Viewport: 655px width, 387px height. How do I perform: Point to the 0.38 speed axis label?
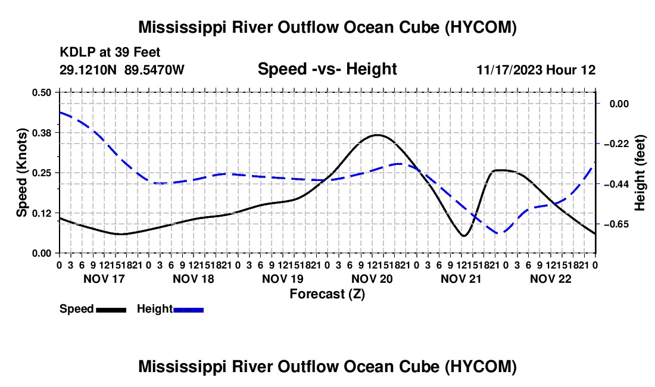pos(41,133)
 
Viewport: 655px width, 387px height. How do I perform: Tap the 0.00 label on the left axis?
pos(41,253)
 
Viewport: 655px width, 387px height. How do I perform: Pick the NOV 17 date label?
pos(104,279)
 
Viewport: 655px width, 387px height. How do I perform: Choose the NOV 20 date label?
pos(372,279)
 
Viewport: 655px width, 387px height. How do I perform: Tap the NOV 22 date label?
pos(551,279)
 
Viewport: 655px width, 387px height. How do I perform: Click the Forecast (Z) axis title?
pos(327,294)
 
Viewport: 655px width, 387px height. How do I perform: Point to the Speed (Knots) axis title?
pos(21,173)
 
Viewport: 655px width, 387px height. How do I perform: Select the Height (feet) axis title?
pos(640,173)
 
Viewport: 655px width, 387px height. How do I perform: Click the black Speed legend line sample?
pos(111,310)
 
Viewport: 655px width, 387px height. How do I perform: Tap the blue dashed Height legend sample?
pos(188,310)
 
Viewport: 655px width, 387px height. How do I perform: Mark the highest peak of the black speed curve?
pos(377,135)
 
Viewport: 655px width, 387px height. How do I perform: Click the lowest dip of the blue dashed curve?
pos(500,233)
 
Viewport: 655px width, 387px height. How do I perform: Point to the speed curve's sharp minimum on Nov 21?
pos(464,236)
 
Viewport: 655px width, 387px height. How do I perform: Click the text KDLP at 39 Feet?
pos(110,52)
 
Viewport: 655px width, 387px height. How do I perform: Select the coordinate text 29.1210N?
pos(88,70)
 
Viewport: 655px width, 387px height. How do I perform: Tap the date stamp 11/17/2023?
pos(509,70)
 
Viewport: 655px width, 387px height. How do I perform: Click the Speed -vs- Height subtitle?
pos(327,69)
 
